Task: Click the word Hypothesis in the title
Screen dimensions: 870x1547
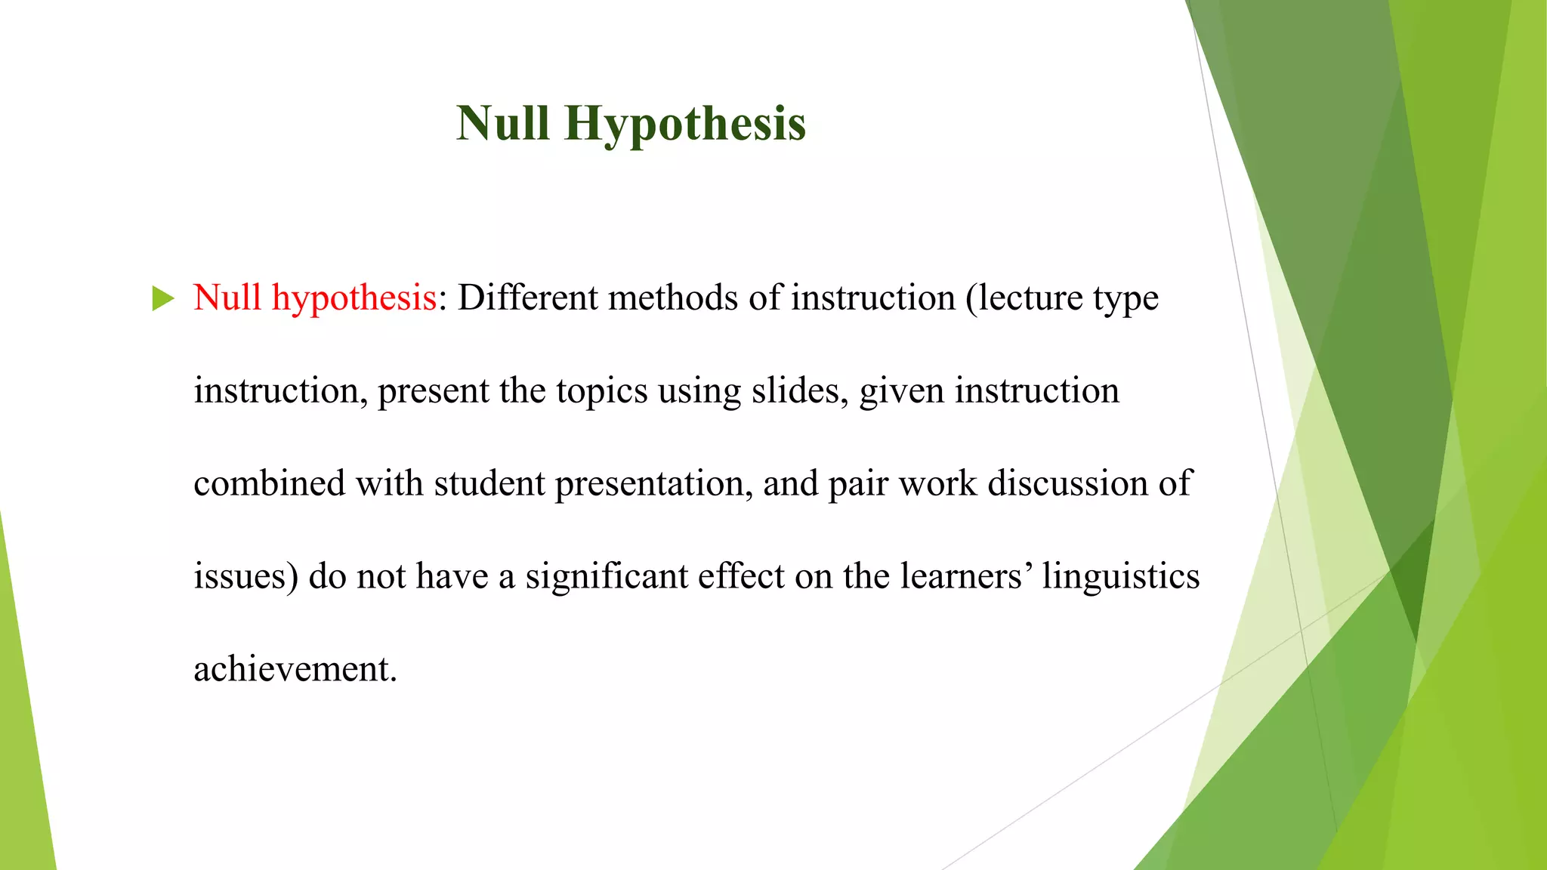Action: coord(685,124)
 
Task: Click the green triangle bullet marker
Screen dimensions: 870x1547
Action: coord(162,298)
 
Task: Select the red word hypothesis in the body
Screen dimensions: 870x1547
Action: coord(354,298)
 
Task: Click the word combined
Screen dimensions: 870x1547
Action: coord(269,483)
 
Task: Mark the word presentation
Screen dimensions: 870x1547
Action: coord(653,483)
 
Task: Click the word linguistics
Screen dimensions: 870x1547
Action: coord(1121,576)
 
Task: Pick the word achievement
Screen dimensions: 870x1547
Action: coord(295,669)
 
